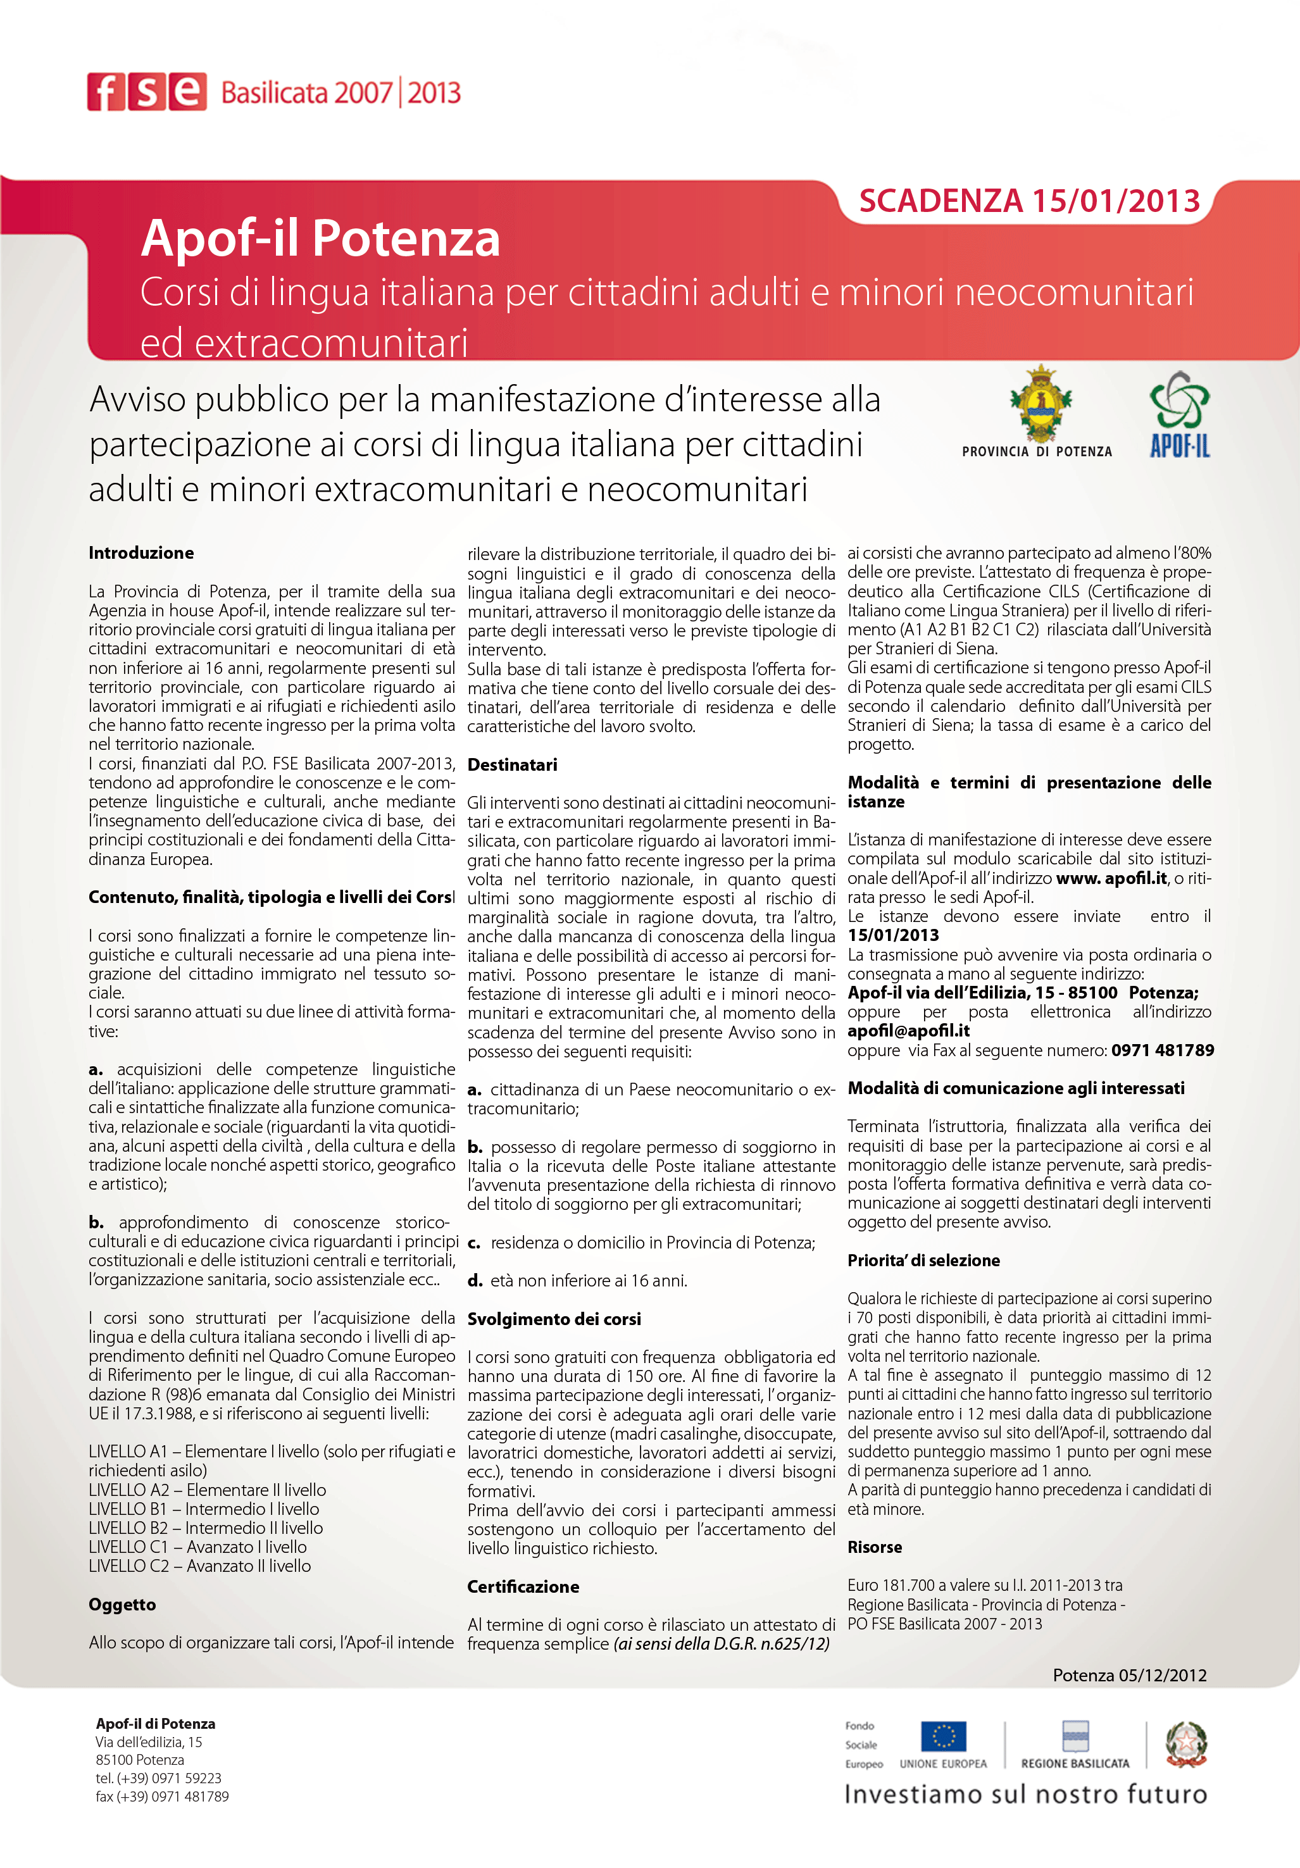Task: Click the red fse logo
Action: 146,91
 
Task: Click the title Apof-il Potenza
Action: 320,239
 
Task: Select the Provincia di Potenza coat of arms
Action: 1040,404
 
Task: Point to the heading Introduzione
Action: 141,553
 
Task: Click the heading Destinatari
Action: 511,765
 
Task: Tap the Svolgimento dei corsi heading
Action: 553,1319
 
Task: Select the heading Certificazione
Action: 522,1586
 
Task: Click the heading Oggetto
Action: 122,1604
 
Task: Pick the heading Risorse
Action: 875,1547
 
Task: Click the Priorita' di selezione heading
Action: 923,1261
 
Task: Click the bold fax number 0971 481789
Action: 1163,1050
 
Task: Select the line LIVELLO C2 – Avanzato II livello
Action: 199,1566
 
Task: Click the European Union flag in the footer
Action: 943,1736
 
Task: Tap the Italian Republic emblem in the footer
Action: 1185,1743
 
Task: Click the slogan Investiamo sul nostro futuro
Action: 1025,1795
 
